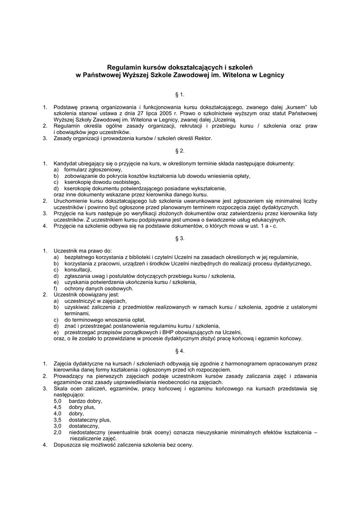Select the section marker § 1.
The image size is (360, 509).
(180, 93)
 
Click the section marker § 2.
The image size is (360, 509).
(180, 150)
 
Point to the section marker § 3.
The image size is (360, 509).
(180, 238)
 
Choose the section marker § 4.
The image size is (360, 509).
(180, 350)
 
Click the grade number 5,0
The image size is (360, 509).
(57, 401)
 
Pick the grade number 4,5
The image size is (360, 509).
(57, 407)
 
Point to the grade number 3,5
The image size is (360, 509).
(57, 420)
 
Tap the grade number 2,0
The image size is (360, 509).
(57, 432)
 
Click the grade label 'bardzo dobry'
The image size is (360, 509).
(86, 401)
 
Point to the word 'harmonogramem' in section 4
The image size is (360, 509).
(243, 363)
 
